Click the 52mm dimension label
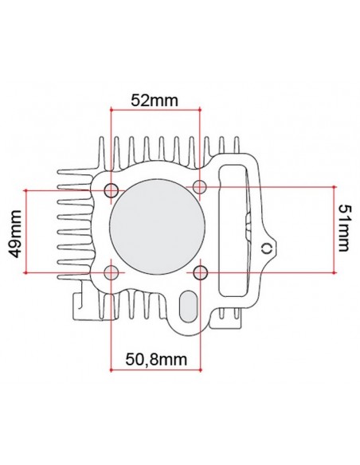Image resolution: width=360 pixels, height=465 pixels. [x=155, y=100]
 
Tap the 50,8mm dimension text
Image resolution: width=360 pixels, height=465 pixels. [x=156, y=359]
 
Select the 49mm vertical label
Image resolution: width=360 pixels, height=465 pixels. [x=15, y=234]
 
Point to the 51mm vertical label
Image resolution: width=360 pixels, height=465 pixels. [x=344, y=228]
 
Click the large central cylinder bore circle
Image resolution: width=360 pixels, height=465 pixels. [x=157, y=226]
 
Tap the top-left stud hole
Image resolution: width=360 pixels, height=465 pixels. [x=112, y=190]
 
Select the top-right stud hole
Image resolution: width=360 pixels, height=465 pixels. [x=200, y=187]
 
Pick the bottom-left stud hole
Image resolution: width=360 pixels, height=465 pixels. [x=112, y=272]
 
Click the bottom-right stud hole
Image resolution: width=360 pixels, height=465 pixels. [x=200, y=272]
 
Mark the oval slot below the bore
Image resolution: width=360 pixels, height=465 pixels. [x=188, y=307]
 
